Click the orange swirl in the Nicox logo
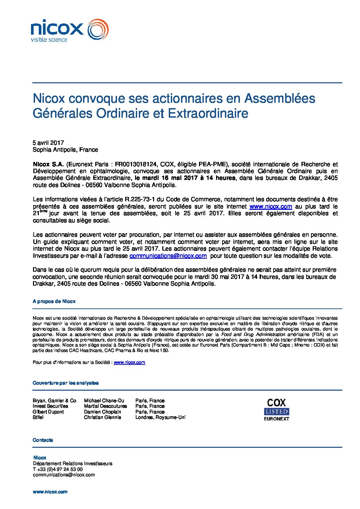pyautogui.click(x=98, y=30)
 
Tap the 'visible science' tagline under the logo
pyautogui.click(x=49, y=40)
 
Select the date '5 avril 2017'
pyautogui.click(x=48, y=143)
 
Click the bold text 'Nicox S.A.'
pyautogui.click(x=48, y=164)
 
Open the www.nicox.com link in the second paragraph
pyautogui.click(x=271, y=206)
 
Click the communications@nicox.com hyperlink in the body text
pyautogui.click(x=168, y=256)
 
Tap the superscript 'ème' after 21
pyautogui.click(x=43, y=211)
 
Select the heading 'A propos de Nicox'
pyautogui.click(x=54, y=301)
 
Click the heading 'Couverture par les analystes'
pyautogui.click(x=66, y=383)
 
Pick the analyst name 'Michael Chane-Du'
pyautogui.click(x=104, y=401)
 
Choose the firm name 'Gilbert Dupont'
pyautogui.click(x=48, y=412)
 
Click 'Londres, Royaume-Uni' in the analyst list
pyautogui.click(x=160, y=417)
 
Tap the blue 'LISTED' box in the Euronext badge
pyautogui.click(x=277, y=412)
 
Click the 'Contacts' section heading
pyautogui.click(x=43, y=440)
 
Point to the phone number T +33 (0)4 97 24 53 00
pyautogui.click(x=58, y=469)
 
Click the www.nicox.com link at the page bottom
pyautogui.click(x=50, y=492)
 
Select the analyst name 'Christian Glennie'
pyautogui.click(x=102, y=417)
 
